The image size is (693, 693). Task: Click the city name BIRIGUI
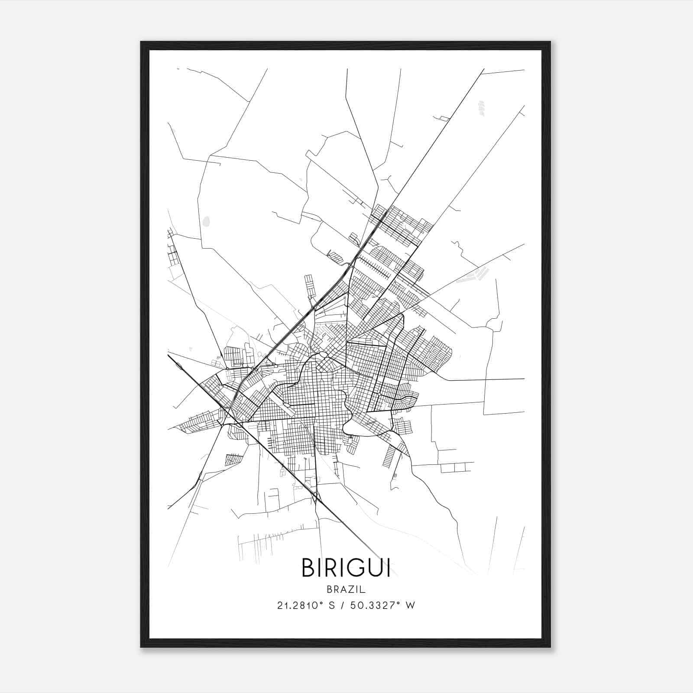tap(346, 568)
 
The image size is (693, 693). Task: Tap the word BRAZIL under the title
tap(346, 589)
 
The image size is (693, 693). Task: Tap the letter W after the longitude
tap(411, 606)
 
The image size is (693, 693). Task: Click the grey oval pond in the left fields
tap(206, 221)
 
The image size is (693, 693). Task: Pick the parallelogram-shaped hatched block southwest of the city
tap(234, 459)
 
